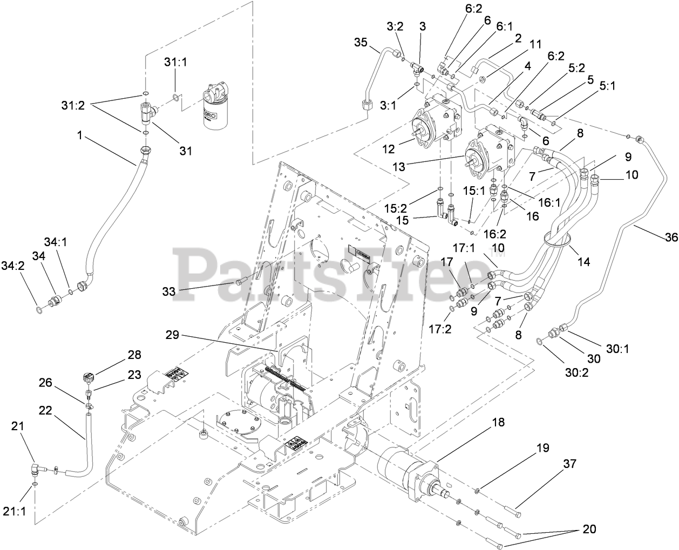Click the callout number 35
coord(361,42)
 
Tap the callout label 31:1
coord(176,62)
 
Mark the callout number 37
coord(569,464)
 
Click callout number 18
coord(498,422)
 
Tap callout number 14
coord(583,262)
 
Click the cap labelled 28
coord(88,376)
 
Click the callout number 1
coord(80,135)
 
